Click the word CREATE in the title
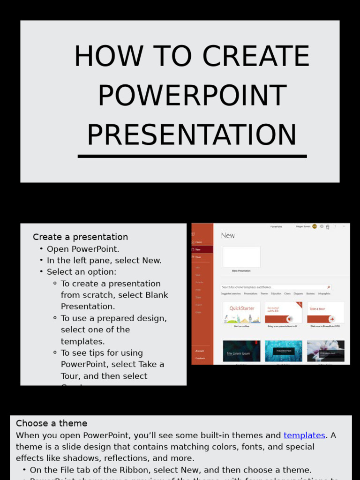click(x=256, y=57)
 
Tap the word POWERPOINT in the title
click(x=192, y=96)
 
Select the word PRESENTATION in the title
click(x=192, y=135)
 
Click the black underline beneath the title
click(x=192, y=156)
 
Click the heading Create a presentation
click(x=80, y=237)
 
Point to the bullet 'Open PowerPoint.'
click(x=83, y=249)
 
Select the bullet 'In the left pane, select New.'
click(x=104, y=261)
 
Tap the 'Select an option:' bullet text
click(x=82, y=272)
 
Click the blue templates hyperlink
click(x=304, y=435)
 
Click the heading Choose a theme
click(x=52, y=424)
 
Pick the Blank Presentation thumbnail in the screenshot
click(x=241, y=257)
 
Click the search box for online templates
click(x=272, y=287)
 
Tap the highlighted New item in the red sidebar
click(x=202, y=249)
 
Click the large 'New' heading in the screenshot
click(x=228, y=236)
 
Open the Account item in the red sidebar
click(x=200, y=351)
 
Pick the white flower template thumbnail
click(x=326, y=351)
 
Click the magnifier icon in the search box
click(x=329, y=287)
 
